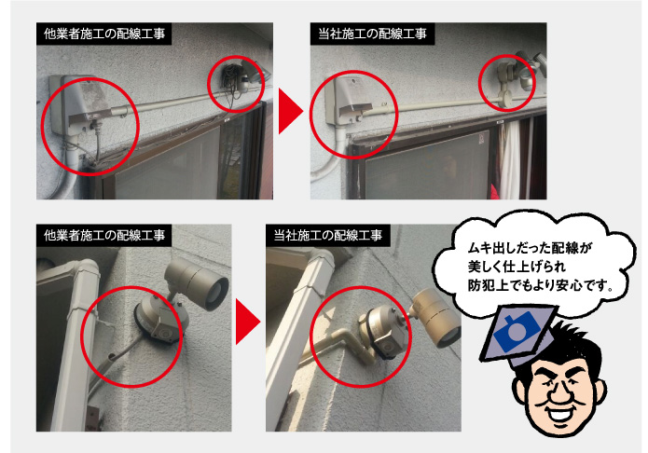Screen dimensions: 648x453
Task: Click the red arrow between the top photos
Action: [x=290, y=111]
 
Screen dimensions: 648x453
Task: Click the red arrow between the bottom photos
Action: [x=247, y=322]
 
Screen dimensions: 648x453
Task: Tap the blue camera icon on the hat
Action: [x=517, y=332]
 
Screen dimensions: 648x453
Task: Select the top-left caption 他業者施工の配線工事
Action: [x=104, y=34]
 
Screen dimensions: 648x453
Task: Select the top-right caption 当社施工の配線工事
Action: [x=372, y=34]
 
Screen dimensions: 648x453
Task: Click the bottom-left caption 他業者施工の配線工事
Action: [x=104, y=235]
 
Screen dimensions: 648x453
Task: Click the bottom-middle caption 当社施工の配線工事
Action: [x=327, y=235]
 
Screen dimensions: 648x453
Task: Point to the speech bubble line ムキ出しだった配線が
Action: [x=529, y=248]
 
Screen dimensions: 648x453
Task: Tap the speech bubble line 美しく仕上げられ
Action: [x=517, y=267]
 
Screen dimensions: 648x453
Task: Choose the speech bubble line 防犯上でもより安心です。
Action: [x=540, y=285]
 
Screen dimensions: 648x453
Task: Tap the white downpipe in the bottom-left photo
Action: [x=74, y=343]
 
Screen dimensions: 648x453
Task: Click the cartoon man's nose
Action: [x=558, y=392]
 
